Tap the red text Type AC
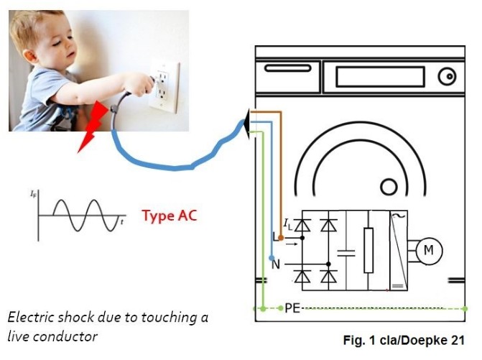point(168,216)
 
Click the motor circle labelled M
point(429,250)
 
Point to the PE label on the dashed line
point(292,308)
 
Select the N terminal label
point(276,264)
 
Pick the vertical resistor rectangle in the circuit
point(369,250)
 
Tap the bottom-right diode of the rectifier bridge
point(328,275)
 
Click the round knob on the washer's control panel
point(447,75)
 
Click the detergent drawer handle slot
point(284,70)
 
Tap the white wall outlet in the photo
point(164,86)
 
